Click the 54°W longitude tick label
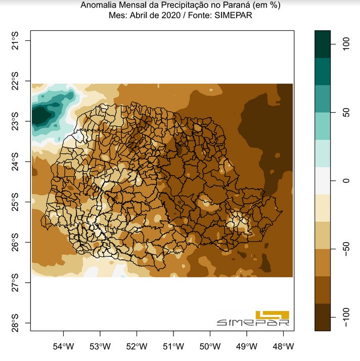tap(63, 346)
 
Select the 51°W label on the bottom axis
tap(173, 346)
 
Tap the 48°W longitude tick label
tap(283, 346)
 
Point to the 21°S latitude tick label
tap(15, 41)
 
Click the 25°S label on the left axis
tap(15, 202)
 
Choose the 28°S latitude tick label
tap(15, 323)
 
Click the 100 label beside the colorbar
tap(346, 44)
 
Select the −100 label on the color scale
tap(346, 317)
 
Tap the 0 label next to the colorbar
tap(346, 180)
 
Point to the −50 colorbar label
tap(346, 249)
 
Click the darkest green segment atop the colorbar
tap(323, 44)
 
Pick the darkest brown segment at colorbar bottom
tap(323, 317)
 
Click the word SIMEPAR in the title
tap(233, 15)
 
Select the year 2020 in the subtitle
tap(171, 15)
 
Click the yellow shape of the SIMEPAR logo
tap(273, 314)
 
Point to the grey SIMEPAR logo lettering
tap(253, 323)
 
